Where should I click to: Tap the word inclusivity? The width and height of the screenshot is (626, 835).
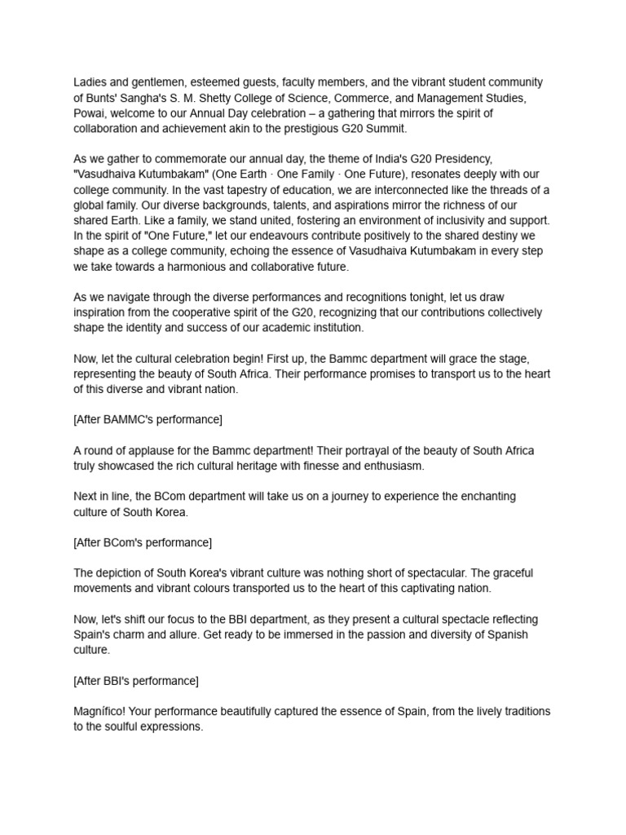[x=444, y=220]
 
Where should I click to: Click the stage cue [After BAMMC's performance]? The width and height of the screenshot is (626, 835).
[x=148, y=420]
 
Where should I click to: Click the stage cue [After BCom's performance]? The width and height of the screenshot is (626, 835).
[x=143, y=543]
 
